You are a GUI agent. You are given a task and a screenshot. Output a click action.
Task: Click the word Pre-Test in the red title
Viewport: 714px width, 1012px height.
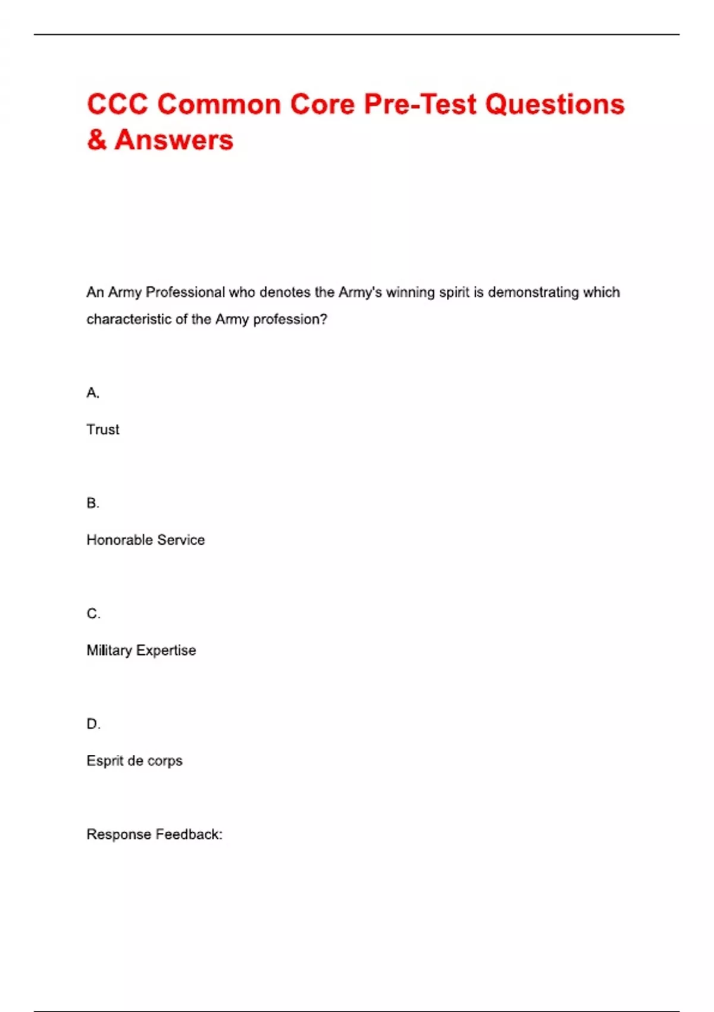(x=420, y=105)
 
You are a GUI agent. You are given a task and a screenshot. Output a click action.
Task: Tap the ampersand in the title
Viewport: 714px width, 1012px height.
(x=96, y=140)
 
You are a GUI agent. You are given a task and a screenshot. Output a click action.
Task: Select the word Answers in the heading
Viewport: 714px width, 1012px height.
(x=174, y=140)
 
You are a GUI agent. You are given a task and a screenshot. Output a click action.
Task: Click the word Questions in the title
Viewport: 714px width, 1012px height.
(x=555, y=105)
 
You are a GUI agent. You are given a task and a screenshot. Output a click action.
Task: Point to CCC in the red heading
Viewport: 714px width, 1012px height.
(x=117, y=105)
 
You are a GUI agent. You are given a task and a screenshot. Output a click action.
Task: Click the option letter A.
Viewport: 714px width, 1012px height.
(x=92, y=393)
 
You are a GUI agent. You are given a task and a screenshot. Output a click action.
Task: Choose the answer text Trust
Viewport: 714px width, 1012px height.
(x=103, y=429)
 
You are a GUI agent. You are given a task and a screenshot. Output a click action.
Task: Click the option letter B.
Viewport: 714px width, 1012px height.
(x=92, y=504)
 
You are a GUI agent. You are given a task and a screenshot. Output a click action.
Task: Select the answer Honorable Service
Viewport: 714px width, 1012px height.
(x=146, y=540)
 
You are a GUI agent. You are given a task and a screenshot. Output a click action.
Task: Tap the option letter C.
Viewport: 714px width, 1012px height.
(x=93, y=614)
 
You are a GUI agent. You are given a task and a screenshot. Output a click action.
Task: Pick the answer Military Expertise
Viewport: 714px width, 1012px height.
(x=141, y=650)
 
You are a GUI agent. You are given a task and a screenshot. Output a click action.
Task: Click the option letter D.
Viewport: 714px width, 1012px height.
(x=93, y=724)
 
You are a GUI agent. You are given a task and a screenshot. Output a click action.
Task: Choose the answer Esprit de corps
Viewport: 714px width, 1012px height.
(x=134, y=761)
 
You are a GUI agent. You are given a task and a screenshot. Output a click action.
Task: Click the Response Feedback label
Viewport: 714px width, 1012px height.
(x=154, y=835)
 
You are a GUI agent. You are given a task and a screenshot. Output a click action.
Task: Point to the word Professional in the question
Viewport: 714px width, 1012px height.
(x=186, y=292)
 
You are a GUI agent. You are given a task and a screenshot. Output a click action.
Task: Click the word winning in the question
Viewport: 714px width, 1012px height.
(x=410, y=292)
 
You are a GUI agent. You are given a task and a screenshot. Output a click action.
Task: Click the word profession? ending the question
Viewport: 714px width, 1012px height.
(x=290, y=320)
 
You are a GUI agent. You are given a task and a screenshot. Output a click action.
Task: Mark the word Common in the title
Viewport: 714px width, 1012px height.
(x=219, y=105)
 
